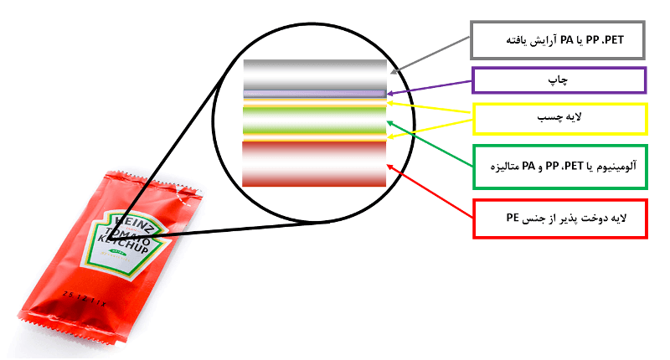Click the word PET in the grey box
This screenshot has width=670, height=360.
point(613,40)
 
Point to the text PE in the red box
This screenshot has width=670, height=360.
point(513,218)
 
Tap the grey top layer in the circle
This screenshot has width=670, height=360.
point(315,75)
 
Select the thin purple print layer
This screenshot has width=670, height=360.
point(315,94)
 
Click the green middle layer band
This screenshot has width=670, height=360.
point(315,120)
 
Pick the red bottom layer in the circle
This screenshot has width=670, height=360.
point(314,164)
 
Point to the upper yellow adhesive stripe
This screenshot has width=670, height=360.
point(315,103)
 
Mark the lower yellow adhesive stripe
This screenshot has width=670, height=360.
point(315,136)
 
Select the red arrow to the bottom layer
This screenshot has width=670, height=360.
point(430,192)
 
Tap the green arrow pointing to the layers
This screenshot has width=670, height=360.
point(430,144)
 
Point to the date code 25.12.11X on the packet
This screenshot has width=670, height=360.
point(85,299)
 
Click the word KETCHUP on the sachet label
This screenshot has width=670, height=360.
point(123,244)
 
